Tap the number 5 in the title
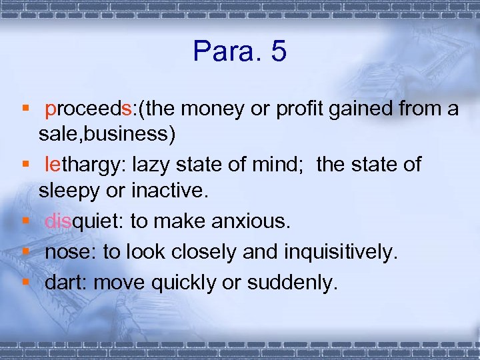279,51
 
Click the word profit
303,109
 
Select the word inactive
172,191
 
